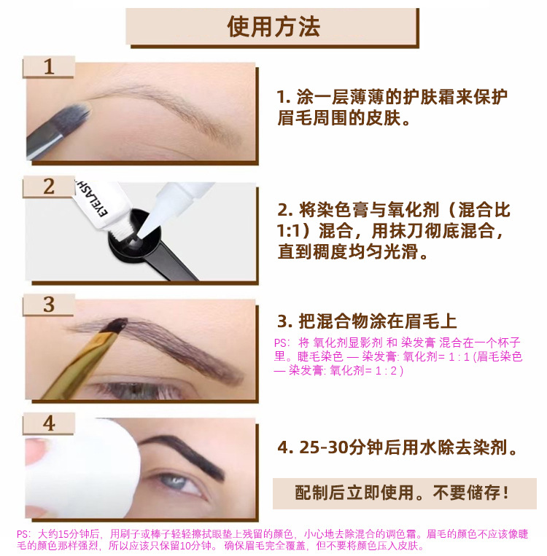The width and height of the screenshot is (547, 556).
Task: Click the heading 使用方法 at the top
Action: click(273, 27)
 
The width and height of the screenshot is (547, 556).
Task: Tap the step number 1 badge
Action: click(49, 66)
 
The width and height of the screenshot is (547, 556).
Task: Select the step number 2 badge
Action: click(49, 187)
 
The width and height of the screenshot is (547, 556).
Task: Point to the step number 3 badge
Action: click(49, 305)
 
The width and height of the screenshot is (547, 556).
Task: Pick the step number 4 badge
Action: click(49, 423)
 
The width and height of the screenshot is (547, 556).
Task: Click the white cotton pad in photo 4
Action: click(85, 468)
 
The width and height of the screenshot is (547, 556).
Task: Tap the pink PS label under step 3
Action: click(282, 343)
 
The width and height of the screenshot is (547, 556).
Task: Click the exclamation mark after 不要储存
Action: click(505, 493)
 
